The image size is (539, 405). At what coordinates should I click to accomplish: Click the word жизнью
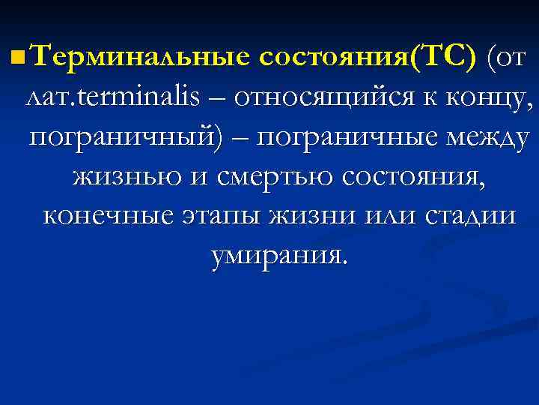tap(121, 178)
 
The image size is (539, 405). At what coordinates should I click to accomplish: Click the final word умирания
tap(279, 258)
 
